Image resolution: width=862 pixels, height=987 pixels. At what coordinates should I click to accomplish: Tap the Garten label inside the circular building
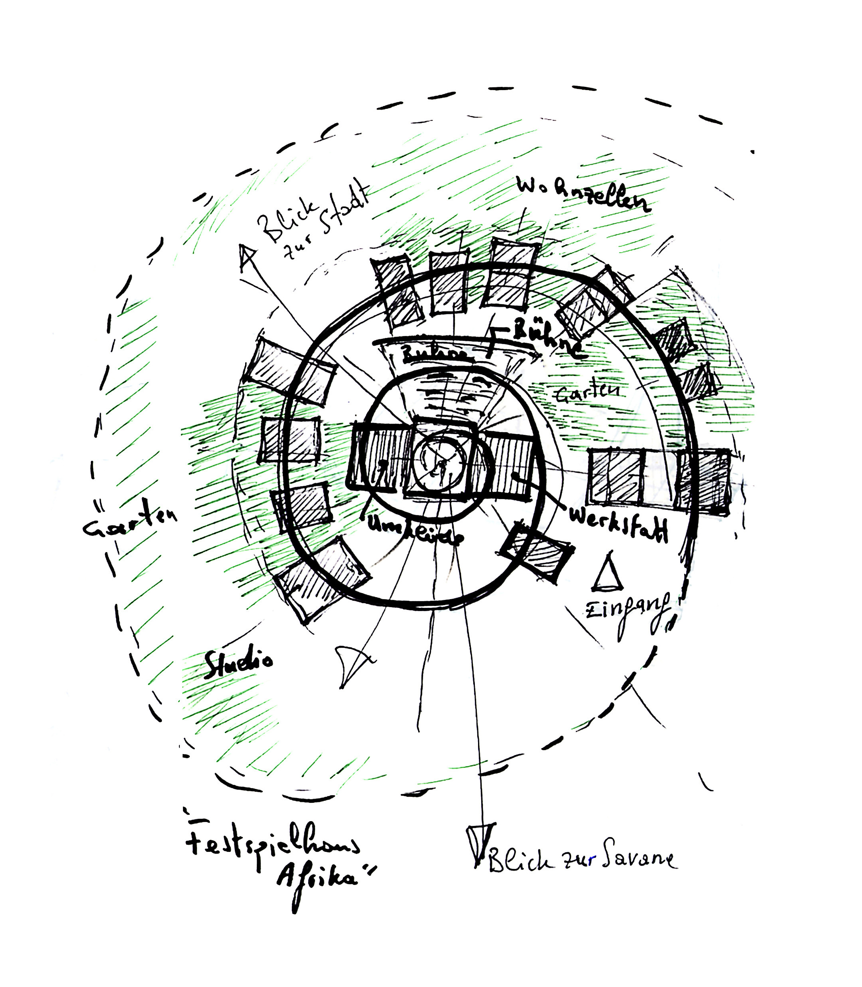587,391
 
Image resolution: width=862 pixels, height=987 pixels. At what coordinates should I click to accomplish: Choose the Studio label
238,664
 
